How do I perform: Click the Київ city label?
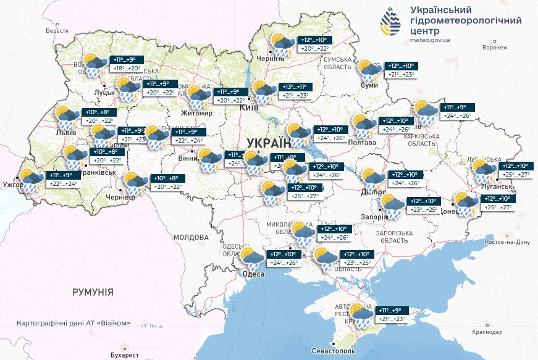[x=250, y=108]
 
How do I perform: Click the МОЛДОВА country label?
[x=191, y=237]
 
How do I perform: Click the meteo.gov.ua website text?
[x=430, y=40]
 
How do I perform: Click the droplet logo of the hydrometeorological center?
[x=390, y=23]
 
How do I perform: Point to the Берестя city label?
[x=57, y=30]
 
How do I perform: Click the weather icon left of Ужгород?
[x=30, y=180]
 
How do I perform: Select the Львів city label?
[x=65, y=133]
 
